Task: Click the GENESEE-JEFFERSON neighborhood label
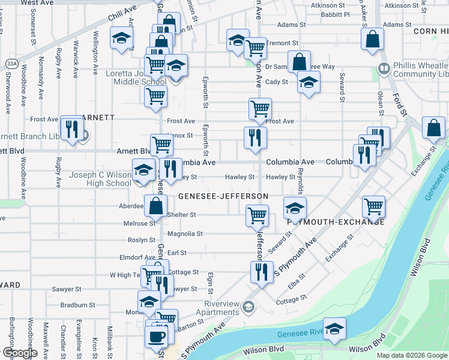[x=223, y=196]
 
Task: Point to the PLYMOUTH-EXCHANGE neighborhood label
[x=336, y=222]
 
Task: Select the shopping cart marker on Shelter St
[x=258, y=215]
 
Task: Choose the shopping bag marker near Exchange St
[x=433, y=128]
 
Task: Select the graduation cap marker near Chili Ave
[x=122, y=39]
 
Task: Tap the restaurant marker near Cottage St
[x=262, y=272]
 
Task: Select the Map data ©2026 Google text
[x=411, y=355]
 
